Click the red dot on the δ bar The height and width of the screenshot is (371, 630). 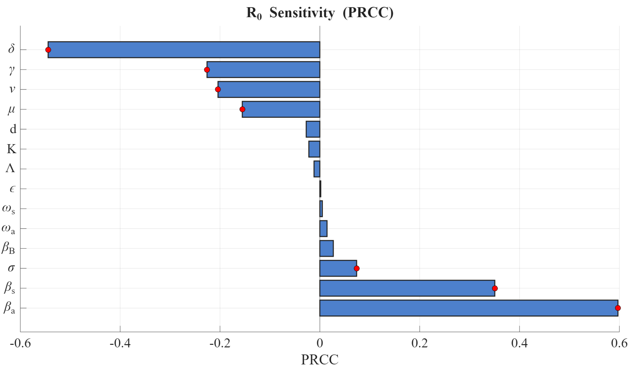pos(48,50)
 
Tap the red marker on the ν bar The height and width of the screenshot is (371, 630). pos(218,89)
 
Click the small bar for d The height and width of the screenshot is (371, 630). pos(313,129)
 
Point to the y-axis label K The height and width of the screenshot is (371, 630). pos(11,149)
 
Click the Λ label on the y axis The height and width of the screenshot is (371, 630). pos(10,169)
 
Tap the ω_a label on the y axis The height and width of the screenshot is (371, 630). pos(8,229)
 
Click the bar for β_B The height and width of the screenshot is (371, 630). pos(326,248)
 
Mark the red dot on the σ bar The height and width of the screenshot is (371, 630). pos(357,268)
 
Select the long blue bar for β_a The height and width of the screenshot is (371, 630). pos(468,308)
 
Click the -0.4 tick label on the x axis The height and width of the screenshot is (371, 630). pos(120,343)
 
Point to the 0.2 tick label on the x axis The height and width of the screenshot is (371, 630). pos(419,343)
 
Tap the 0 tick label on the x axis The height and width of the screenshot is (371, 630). pos(320,343)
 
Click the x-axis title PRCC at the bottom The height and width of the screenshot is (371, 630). pos(320,360)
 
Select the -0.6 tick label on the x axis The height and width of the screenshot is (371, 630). pos(20,343)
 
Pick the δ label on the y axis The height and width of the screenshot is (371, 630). pos(11,49)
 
